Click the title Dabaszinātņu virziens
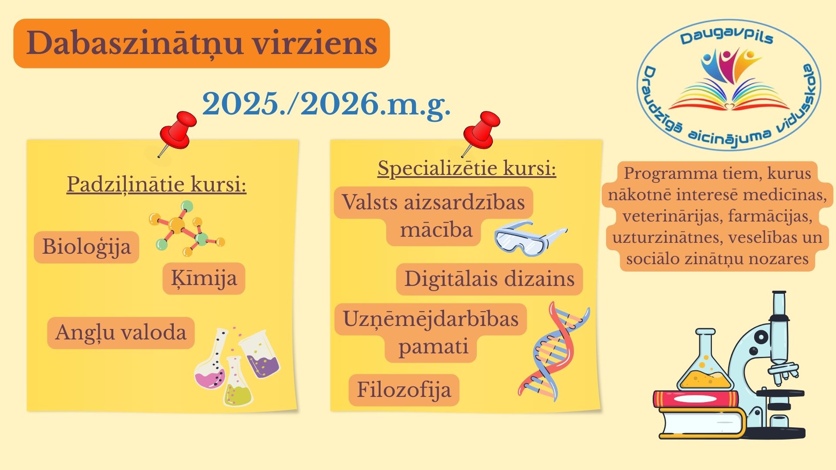coord(202,43)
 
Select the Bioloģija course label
coord(86,247)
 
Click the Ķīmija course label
coord(204,279)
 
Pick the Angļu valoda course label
coord(121,333)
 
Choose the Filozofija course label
coord(404,390)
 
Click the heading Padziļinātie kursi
coord(156,185)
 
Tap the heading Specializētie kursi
coord(467,168)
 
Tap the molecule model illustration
coord(187,228)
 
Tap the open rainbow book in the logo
coord(729,98)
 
